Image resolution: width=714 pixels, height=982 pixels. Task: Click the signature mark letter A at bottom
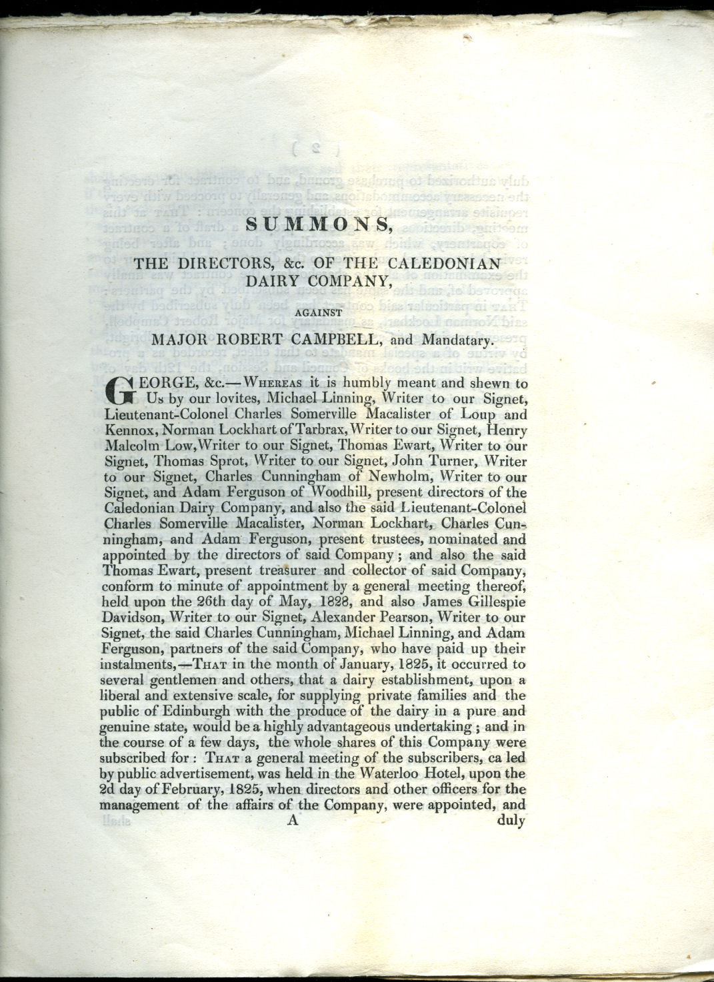(292, 821)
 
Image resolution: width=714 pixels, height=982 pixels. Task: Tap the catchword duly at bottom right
(511, 821)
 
